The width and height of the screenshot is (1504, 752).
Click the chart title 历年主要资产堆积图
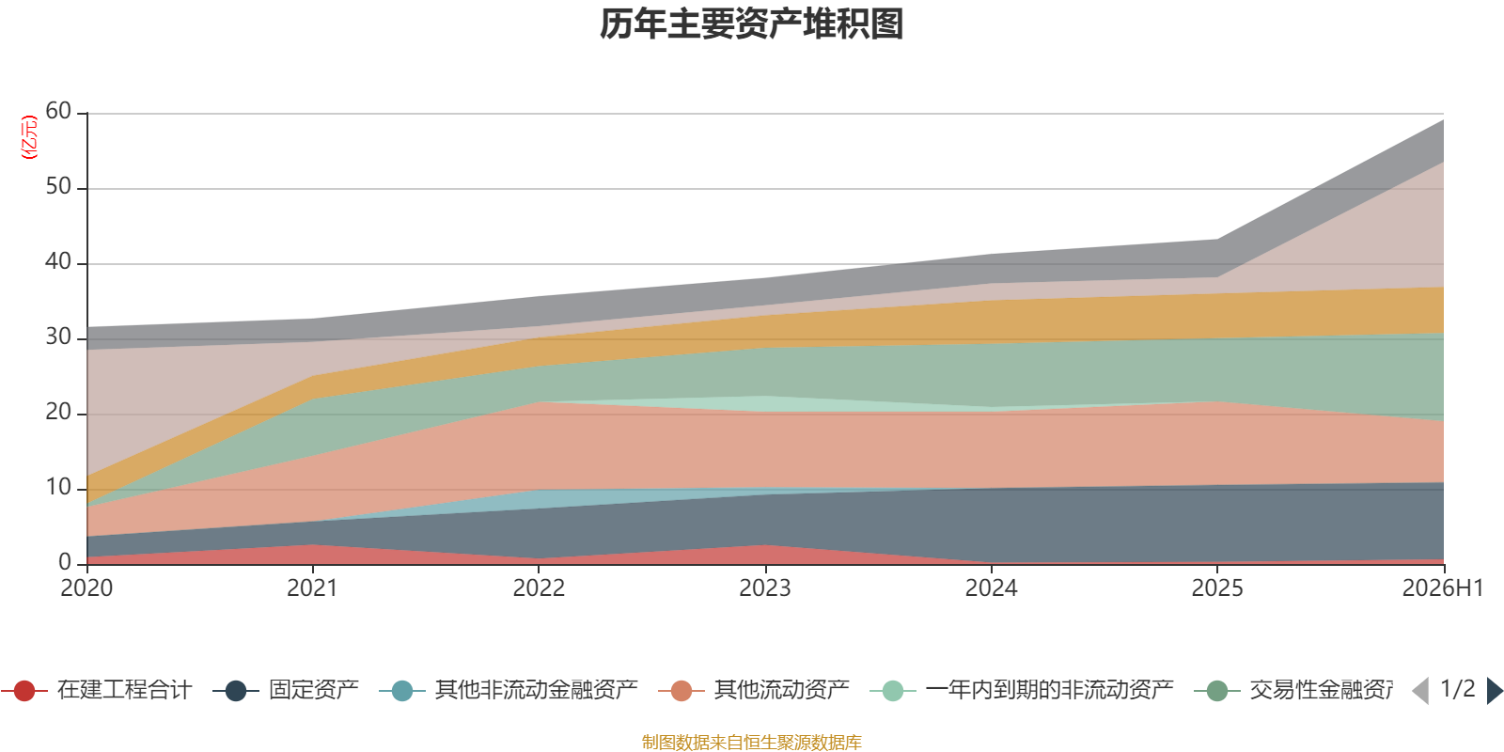tap(751, 24)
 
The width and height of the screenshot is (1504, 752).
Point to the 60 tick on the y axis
tap(58, 111)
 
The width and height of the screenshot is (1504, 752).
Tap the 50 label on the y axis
tap(58, 186)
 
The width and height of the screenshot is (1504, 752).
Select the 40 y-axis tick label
tap(58, 261)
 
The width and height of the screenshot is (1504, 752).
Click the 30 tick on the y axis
tap(58, 337)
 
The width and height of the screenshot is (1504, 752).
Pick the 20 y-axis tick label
tap(58, 412)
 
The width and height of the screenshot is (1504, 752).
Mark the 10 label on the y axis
tap(58, 487)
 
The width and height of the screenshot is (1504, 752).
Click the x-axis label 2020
tap(86, 588)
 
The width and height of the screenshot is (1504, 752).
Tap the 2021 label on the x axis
tap(312, 588)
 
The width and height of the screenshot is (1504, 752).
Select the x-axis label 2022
tap(539, 588)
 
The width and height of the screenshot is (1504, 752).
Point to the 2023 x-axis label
tap(765, 588)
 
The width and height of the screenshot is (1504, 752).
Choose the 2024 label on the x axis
tap(991, 588)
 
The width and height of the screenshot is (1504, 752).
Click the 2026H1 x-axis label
tap(1442, 588)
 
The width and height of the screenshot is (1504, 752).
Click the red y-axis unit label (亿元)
tap(29, 137)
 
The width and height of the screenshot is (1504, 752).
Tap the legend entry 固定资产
tap(286, 690)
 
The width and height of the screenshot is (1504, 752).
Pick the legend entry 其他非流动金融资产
tap(509, 690)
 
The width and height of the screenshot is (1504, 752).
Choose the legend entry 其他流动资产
tap(753, 690)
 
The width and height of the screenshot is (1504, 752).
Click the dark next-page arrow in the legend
tap(1495, 690)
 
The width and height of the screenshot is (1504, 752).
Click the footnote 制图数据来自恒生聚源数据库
tap(751, 742)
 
